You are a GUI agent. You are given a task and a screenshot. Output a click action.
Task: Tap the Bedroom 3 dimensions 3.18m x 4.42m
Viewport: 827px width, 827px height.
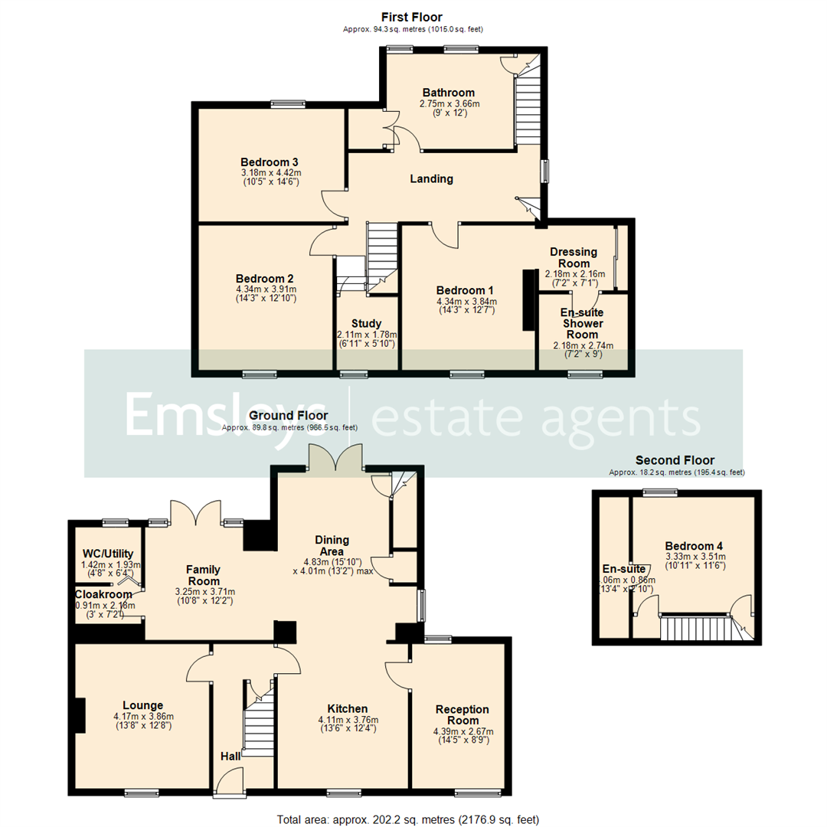[x=269, y=172]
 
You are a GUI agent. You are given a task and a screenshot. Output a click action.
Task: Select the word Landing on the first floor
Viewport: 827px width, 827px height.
[x=431, y=178]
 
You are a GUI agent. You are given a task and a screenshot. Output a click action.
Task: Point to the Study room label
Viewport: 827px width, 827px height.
[x=366, y=324]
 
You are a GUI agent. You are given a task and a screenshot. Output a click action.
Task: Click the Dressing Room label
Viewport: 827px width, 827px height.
[x=574, y=257]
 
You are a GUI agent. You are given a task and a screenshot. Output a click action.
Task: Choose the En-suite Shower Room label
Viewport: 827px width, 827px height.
[x=581, y=323]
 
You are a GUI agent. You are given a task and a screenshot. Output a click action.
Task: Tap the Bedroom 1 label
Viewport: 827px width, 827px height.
[x=465, y=290]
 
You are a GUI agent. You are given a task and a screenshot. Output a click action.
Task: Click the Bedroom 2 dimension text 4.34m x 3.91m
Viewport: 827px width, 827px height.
[x=265, y=289]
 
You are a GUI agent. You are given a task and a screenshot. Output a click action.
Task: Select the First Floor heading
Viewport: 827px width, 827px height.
[x=412, y=17]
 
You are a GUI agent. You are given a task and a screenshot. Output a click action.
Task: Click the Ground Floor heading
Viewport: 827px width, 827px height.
[x=288, y=415]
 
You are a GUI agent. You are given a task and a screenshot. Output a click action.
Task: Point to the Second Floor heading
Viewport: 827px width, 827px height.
[x=675, y=460]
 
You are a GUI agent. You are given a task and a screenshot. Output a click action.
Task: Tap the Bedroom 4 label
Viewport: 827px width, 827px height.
[x=694, y=544]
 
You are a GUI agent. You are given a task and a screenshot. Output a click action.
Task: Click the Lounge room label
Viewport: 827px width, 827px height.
[x=143, y=705]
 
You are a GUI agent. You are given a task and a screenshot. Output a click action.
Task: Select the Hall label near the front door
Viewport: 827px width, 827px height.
[x=229, y=757]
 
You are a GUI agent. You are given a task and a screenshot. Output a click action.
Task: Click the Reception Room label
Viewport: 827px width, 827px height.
[x=462, y=714]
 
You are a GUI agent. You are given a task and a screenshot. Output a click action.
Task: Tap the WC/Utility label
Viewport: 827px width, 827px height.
[x=107, y=554]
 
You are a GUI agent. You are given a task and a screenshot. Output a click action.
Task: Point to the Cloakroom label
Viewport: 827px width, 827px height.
[x=103, y=593]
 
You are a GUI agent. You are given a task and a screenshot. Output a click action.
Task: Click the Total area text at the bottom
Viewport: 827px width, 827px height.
[x=408, y=819]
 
